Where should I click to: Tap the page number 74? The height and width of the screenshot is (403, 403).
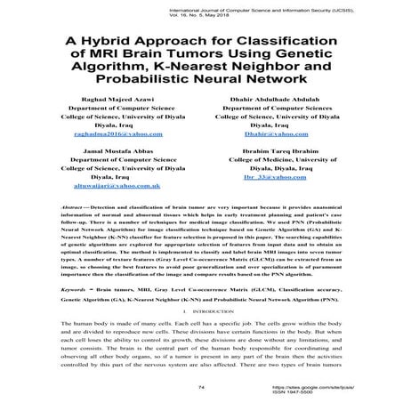coord(200,388)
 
